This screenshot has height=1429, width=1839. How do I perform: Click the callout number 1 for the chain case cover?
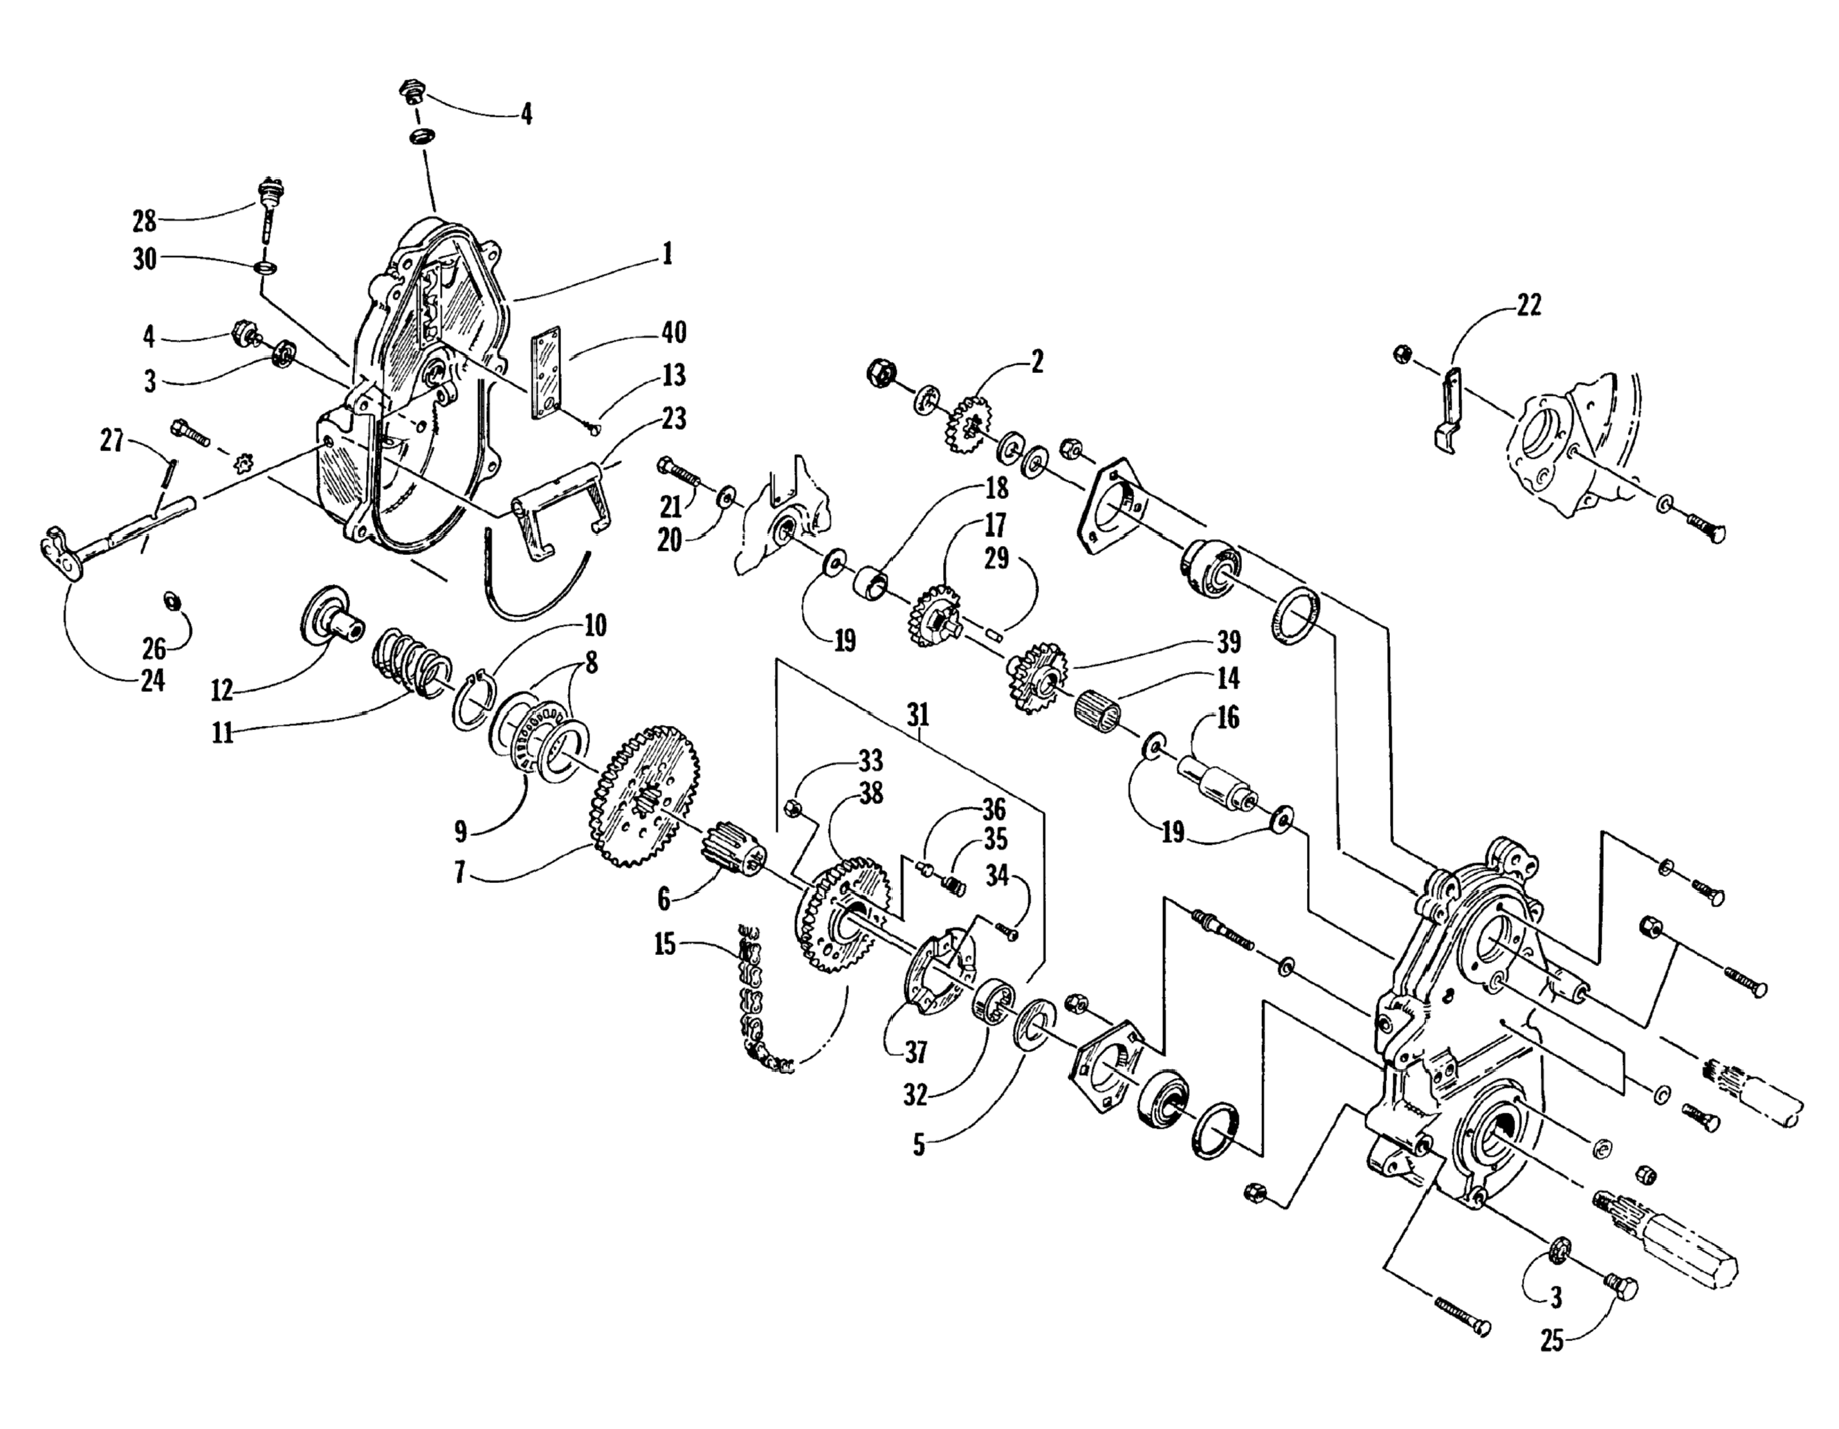(667, 253)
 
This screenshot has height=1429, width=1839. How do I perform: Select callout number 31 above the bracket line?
(918, 715)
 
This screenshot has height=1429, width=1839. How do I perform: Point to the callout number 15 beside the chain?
(665, 944)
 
